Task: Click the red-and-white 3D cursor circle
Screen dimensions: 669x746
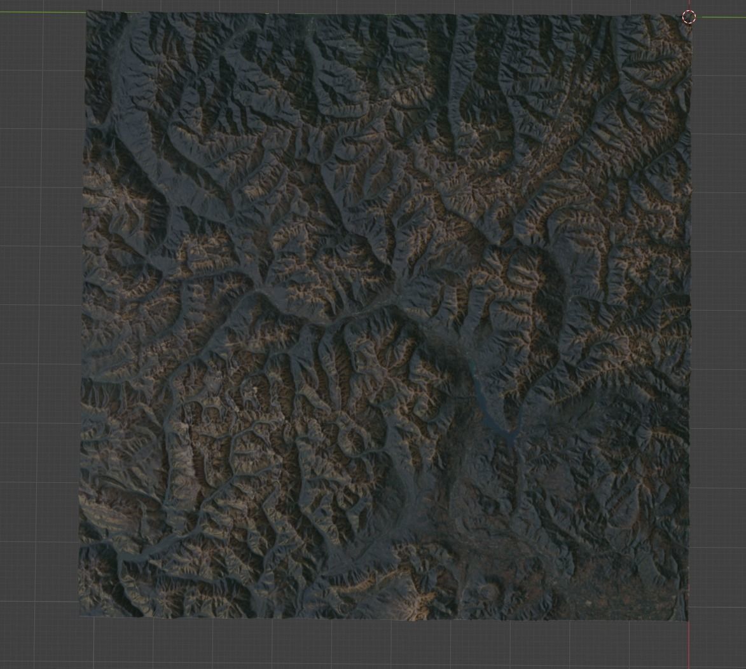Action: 689,17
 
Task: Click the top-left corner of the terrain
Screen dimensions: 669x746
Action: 87,11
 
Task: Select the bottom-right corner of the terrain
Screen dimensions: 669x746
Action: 687,621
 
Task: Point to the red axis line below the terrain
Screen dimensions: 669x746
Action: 689,645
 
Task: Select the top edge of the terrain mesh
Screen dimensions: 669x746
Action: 382,13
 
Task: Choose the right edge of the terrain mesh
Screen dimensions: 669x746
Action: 689,318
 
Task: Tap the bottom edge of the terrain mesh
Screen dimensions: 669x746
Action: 382,619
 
